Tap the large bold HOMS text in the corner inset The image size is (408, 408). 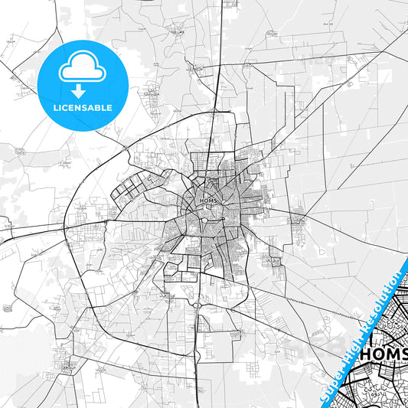[x=384, y=354]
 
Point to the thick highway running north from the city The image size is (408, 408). [x=217, y=77]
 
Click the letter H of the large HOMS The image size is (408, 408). [x=366, y=354]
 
